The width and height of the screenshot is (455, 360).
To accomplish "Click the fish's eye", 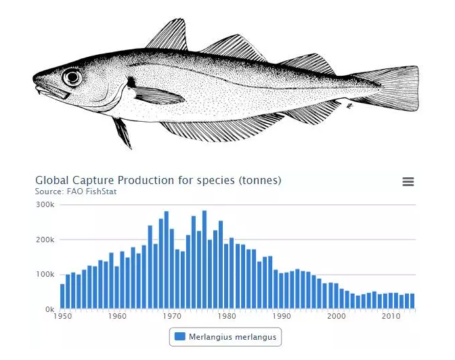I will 72,77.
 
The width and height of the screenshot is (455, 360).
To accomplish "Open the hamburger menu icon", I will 408,181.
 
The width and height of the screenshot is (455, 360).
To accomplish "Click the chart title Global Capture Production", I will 158,181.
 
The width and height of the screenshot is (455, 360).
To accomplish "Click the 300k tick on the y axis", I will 45,204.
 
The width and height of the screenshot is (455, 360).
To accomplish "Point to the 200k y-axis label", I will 45,240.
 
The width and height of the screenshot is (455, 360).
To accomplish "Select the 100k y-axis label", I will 45,275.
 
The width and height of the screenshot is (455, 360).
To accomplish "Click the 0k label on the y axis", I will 49,309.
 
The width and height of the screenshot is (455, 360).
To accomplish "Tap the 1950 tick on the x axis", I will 62,316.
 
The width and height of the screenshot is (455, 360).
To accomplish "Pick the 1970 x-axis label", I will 172,316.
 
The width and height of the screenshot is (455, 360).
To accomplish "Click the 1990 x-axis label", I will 281,316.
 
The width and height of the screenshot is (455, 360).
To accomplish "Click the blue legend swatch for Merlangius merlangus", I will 179,336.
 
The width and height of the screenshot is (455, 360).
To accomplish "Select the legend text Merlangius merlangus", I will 233,336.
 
